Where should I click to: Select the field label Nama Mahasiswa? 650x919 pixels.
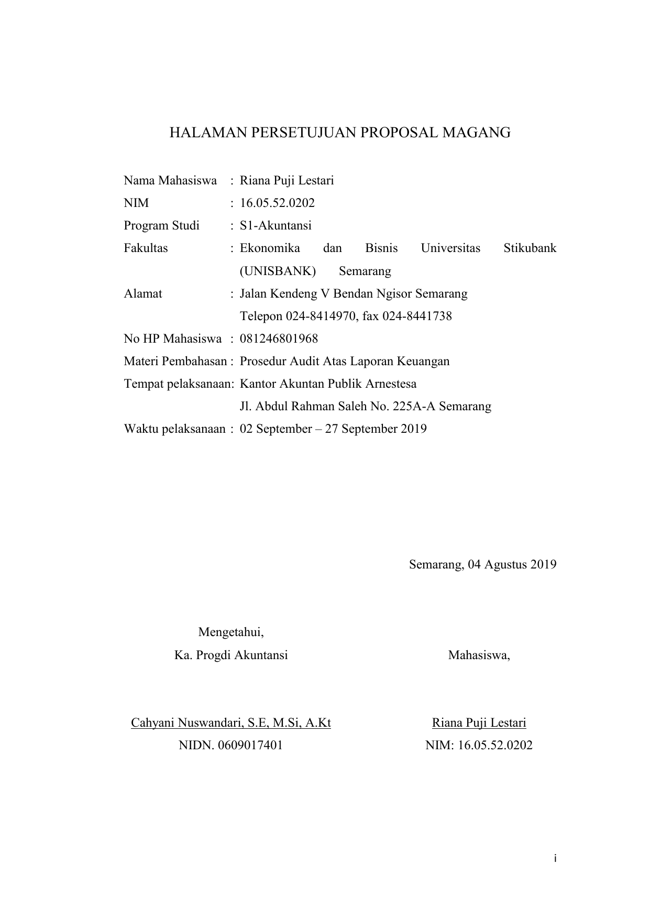click(170, 181)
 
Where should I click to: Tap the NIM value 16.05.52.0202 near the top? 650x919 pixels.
click(277, 203)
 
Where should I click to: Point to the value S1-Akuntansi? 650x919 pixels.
click(276, 226)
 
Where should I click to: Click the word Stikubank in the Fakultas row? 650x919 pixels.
click(530, 248)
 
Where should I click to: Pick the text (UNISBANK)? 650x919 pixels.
click(278, 271)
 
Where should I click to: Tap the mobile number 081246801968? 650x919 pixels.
click(279, 339)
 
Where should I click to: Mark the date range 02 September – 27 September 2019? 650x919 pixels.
click(333, 429)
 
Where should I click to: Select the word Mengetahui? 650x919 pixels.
click(230, 632)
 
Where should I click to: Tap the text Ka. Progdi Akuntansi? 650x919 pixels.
click(230, 655)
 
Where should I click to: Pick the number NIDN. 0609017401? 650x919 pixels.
click(230, 746)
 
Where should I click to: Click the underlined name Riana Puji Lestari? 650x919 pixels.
click(479, 723)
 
